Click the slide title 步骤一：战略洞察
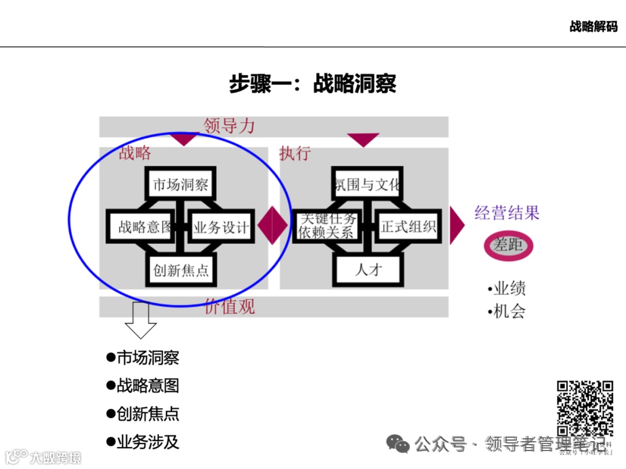312,84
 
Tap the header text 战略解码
593,27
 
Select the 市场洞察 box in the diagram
180,185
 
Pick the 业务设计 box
221,226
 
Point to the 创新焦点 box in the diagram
181,270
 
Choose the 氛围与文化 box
367,185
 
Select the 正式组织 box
409,226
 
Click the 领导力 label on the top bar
229,126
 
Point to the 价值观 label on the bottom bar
230,307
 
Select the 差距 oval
508,245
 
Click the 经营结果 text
507,212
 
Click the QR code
585,408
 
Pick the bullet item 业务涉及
148,442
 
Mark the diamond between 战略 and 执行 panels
272,226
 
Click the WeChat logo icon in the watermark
398,444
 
